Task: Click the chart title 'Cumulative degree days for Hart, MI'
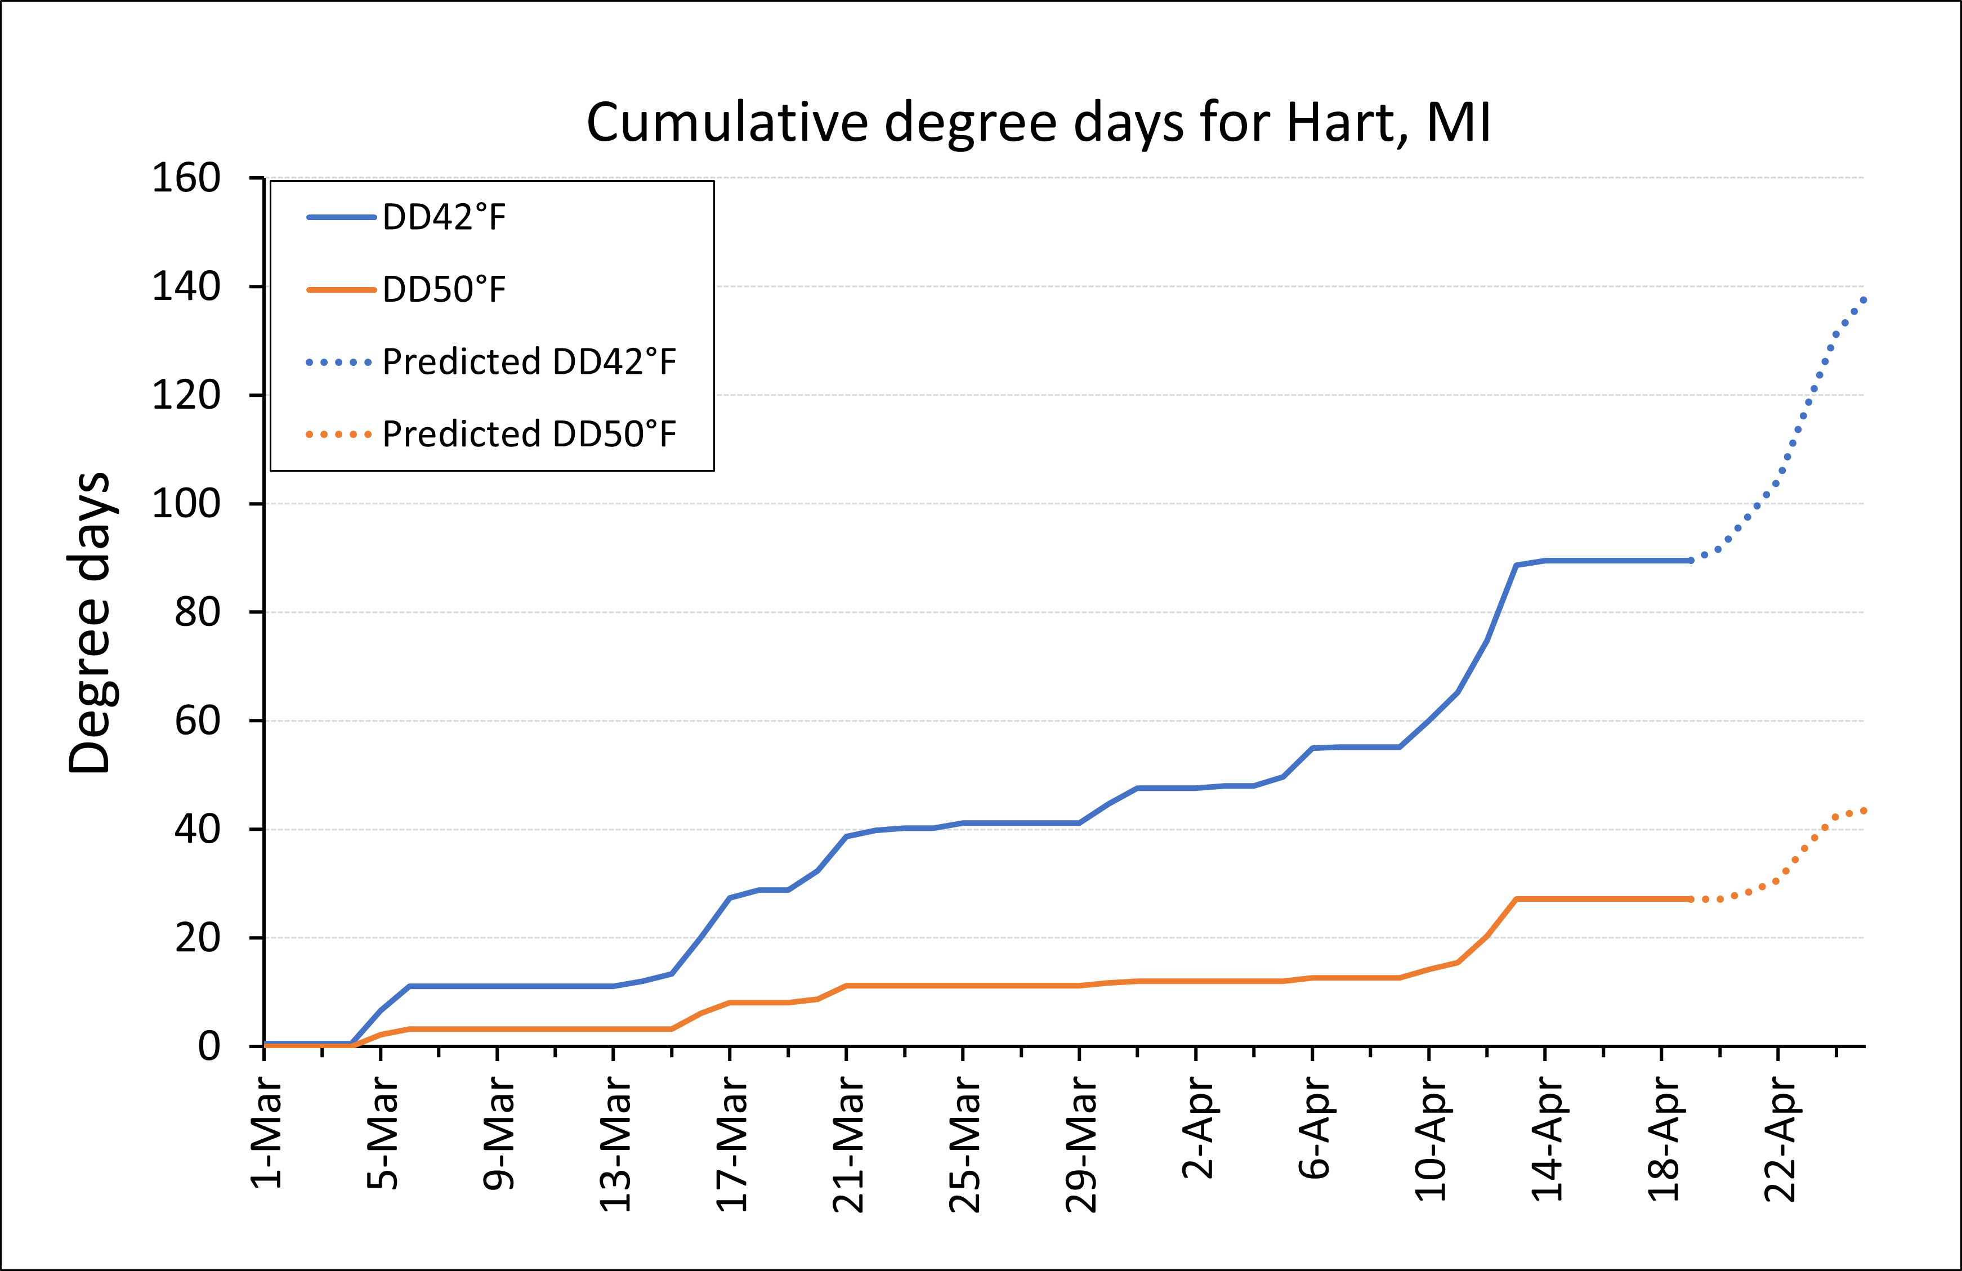1039,124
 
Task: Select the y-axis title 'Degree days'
89,623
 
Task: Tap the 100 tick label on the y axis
186,504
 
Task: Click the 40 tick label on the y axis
198,829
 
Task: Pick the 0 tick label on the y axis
209,1047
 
